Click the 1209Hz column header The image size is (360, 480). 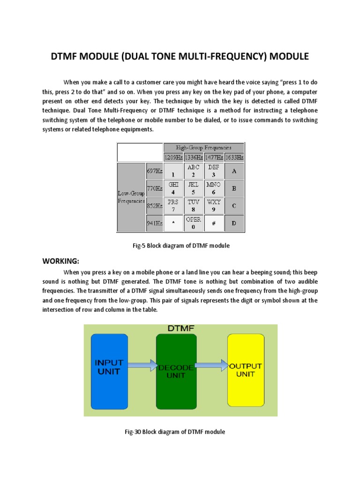click(x=173, y=157)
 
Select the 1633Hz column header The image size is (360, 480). click(x=234, y=157)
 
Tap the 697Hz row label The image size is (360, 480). click(x=154, y=172)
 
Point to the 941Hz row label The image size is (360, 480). click(x=154, y=223)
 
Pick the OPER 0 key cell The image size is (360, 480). click(x=193, y=223)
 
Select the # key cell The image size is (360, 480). click(x=213, y=223)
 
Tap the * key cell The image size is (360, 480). click(x=173, y=223)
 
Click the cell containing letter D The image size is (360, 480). click(x=234, y=223)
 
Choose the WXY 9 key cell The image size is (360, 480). click(x=213, y=206)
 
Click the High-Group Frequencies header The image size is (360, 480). click(x=203, y=148)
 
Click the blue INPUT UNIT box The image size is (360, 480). click(x=109, y=367)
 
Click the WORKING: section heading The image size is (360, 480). click(x=61, y=261)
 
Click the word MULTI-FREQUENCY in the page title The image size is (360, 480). click(x=228, y=57)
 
